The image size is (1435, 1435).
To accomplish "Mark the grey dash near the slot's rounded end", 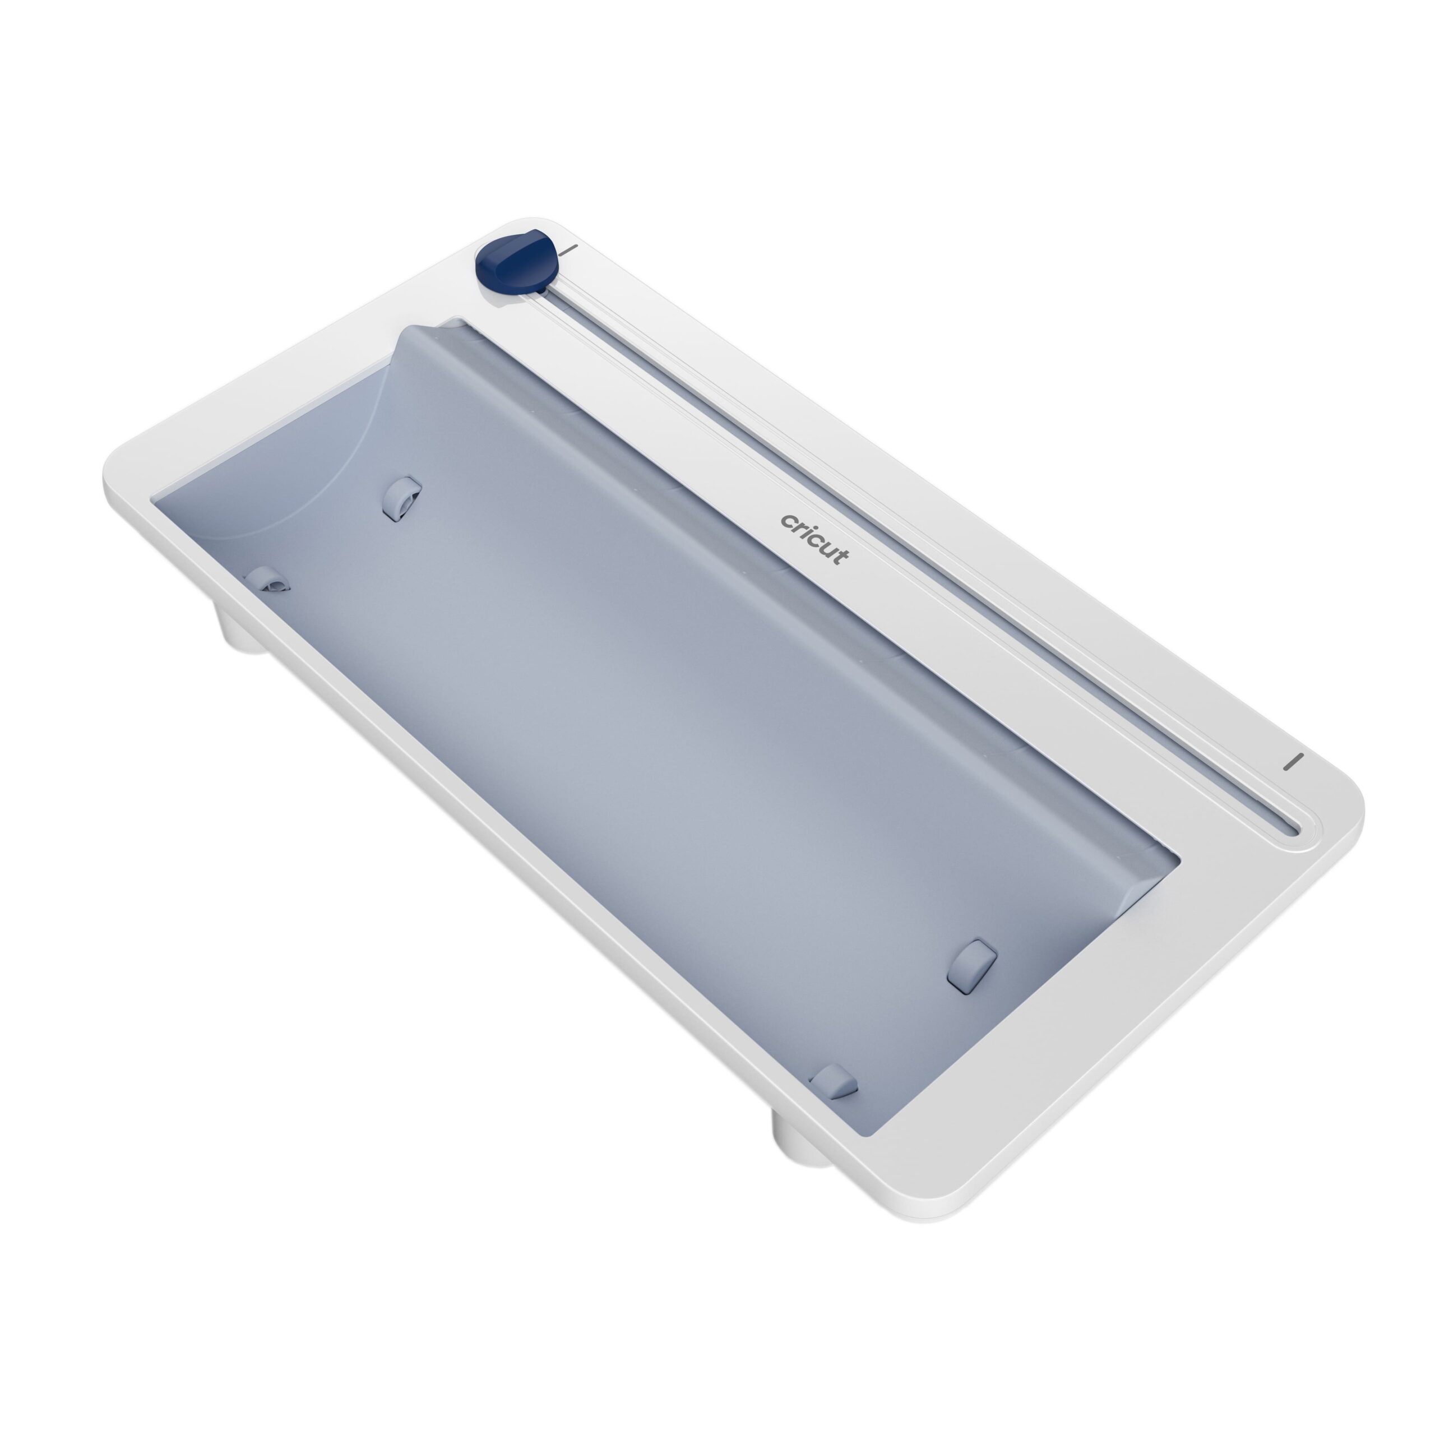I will [1293, 761].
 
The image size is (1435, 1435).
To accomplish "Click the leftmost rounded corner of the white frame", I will [112, 475].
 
